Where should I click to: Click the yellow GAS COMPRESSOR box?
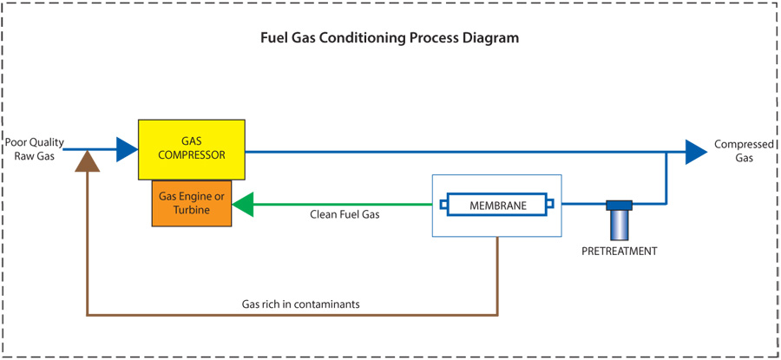[191, 149]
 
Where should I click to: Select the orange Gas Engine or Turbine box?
[192, 204]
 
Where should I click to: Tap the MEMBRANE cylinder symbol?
[496, 206]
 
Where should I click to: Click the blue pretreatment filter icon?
[619, 220]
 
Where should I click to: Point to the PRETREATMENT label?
[619, 252]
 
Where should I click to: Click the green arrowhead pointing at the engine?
[242, 205]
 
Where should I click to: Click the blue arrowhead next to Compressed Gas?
[696, 152]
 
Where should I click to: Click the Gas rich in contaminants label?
[300, 304]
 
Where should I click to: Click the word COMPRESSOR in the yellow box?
[191, 155]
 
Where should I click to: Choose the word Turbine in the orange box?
[192, 211]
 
